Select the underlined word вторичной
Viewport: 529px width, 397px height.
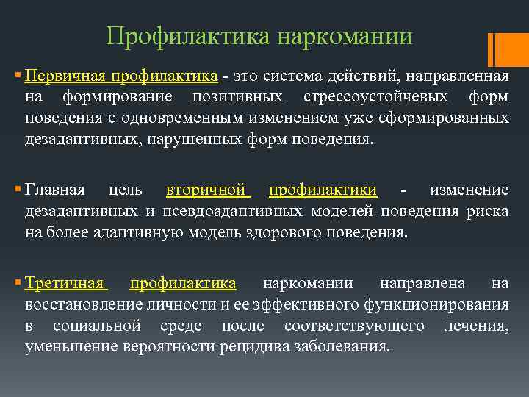(x=206, y=190)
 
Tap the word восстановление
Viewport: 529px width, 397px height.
(x=81, y=304)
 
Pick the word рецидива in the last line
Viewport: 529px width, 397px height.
(x=251, y=346)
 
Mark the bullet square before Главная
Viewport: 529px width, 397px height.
(x=18, y=191)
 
